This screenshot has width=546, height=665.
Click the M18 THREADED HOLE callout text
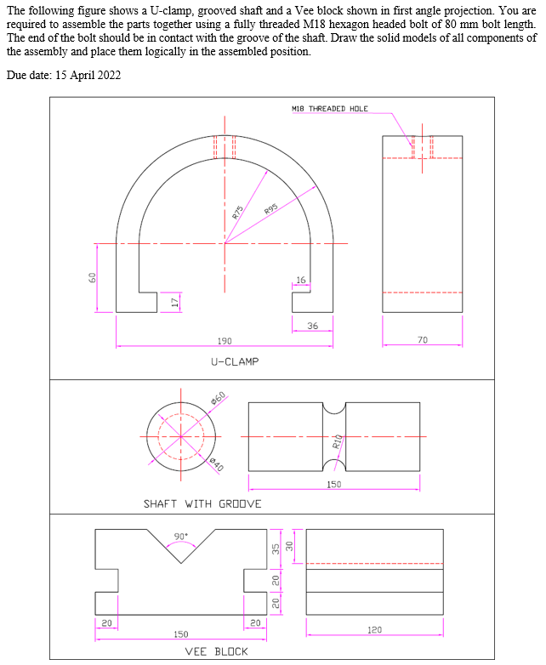click(x=329, y=109)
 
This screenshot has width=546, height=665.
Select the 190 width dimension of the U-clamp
click(x=224, y=340)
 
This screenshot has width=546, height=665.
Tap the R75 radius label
click(x=239, y=213)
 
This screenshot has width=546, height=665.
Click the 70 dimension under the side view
click(x=423, y=339)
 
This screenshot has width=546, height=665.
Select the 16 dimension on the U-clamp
click(x=300, y=280)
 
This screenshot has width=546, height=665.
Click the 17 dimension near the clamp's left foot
click(x=174, y=303)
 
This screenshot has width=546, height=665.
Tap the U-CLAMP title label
click(x=234, y=361)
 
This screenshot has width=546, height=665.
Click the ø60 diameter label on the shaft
click(x=219, y=398)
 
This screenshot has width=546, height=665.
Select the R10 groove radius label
click(x=337, y=440)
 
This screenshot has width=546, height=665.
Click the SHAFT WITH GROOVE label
click(x=202, y=503)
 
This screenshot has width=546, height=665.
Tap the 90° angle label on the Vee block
click(x=180, y=536)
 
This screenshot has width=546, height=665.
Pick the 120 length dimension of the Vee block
click(x=374, y=630)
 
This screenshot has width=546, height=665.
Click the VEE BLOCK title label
click(x=216, y=651)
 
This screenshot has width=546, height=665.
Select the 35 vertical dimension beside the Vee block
click(x=276, y=549)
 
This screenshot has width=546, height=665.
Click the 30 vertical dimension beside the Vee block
click(x=288, y=546)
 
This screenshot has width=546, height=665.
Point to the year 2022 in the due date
click(x=107, y=75)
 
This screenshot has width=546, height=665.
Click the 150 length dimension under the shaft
click(x=334, y=485)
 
